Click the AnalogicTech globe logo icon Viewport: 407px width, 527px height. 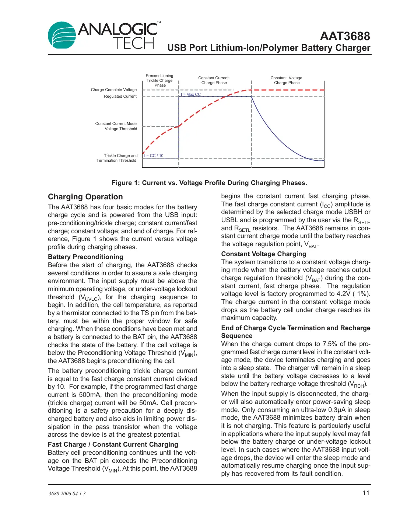point(62,35)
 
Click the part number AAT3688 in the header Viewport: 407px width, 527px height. point(345,36)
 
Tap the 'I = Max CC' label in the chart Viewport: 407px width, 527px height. point(191,95)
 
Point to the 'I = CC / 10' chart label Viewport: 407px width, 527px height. point(154,156)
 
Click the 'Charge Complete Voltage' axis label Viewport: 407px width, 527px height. point(113,90)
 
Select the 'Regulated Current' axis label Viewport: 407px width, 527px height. point(120,96)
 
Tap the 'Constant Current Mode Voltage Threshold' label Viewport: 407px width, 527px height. point(116,126)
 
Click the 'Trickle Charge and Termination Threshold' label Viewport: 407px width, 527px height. point(117,158)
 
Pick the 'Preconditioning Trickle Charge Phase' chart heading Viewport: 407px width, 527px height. point(159,80)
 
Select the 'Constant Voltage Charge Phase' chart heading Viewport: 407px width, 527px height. point(286,80)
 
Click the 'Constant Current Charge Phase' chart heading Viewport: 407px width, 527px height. point(214,80)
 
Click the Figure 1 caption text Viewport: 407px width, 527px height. point(209,183)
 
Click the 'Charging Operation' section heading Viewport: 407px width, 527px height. point(85,197)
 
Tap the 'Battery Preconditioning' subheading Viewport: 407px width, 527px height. point(85,257)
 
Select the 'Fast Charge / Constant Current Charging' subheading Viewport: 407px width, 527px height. point(113,444)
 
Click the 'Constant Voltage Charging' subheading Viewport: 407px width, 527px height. point(263,254)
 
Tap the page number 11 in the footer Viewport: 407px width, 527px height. point(366,493)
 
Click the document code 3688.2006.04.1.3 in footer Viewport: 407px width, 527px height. point(67,493)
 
